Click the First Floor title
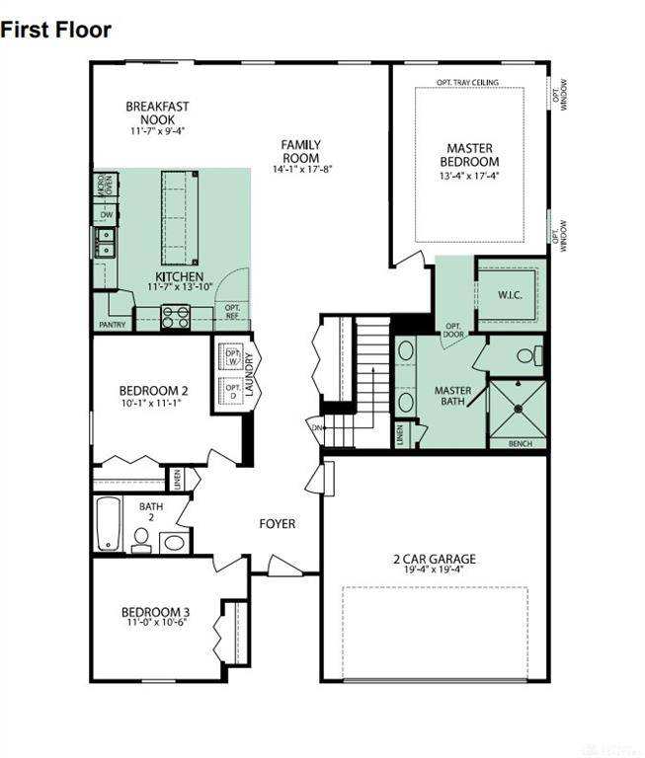click(55, 30)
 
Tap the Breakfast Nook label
click(157, 113)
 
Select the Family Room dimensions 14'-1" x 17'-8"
click(303, 169)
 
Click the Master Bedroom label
click(469, 155)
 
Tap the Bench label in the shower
click(521, 443)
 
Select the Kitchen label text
click(180, 276)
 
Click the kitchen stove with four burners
click(176, 317)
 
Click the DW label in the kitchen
click(106, 212)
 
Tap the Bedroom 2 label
click(153, 390)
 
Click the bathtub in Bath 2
click(109, 523)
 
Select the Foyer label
click(277, 524)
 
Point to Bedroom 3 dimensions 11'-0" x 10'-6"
click(156, 623)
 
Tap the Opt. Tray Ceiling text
click(467, 82)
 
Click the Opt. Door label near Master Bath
click(453, 330)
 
